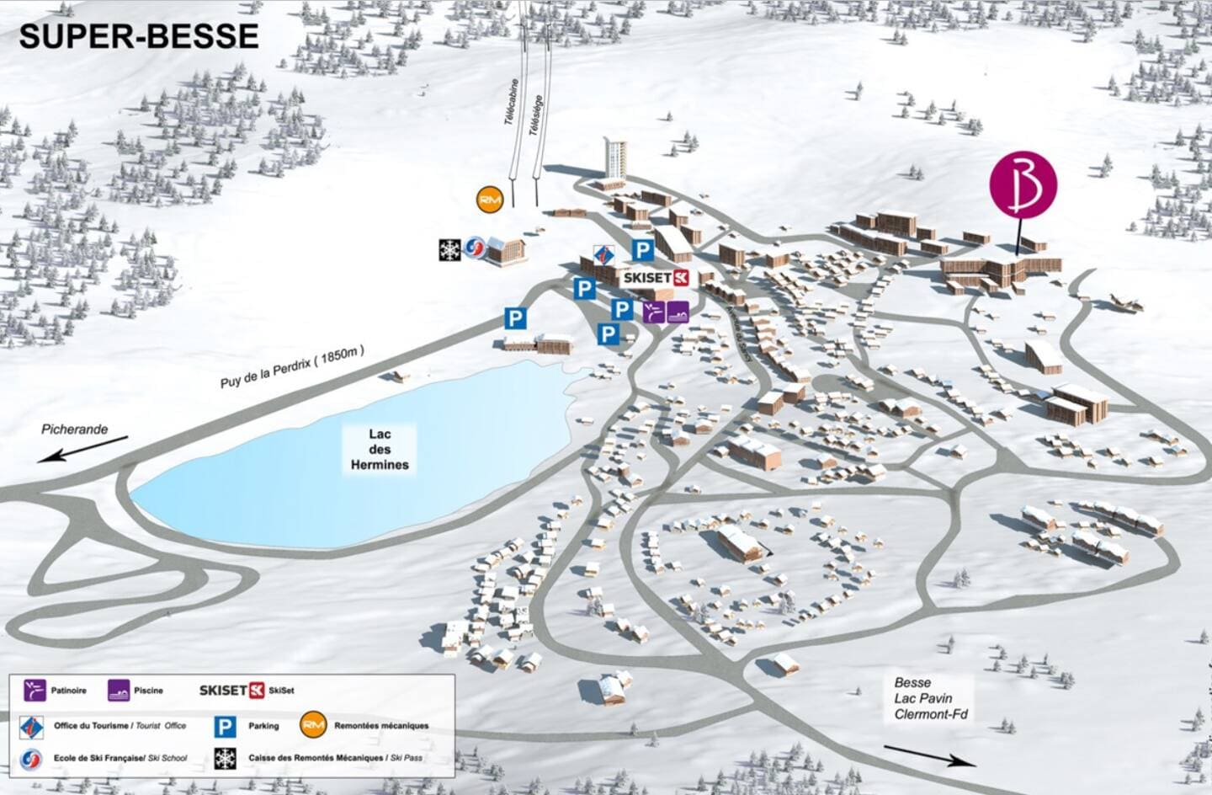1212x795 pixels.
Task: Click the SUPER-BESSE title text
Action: point(139,36)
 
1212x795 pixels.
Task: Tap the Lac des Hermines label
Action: point(380,450)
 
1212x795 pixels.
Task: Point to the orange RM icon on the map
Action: point(489,200)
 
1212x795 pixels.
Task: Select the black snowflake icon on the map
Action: point(450,249)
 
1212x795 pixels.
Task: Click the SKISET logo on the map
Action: point(656,277)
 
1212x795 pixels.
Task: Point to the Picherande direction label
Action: point(75,430)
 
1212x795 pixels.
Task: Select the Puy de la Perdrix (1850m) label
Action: point(292,368)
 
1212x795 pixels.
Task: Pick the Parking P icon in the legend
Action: point(225,725)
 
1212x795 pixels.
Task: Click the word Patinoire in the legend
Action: point(68,691)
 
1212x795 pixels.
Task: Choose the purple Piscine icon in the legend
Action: point(119,691)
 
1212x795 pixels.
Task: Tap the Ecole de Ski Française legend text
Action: point(120,758)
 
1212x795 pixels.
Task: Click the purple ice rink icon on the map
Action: point(654,312)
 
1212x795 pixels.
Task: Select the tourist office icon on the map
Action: point(603,255)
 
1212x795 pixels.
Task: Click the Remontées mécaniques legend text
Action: point(381,725)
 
